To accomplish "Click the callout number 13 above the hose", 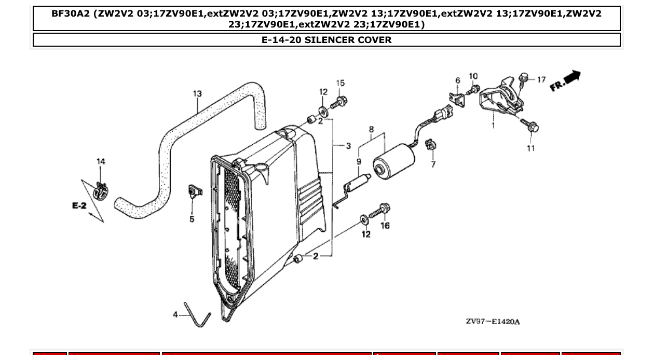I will pos(197,94).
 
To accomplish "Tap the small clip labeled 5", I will pos(194,191).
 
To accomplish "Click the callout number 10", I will pos(473,76).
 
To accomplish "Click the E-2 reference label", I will pos(79,206).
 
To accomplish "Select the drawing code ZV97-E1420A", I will pos(492,322).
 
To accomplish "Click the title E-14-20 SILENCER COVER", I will pos(326,40).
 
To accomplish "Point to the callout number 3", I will pos(348,146).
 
